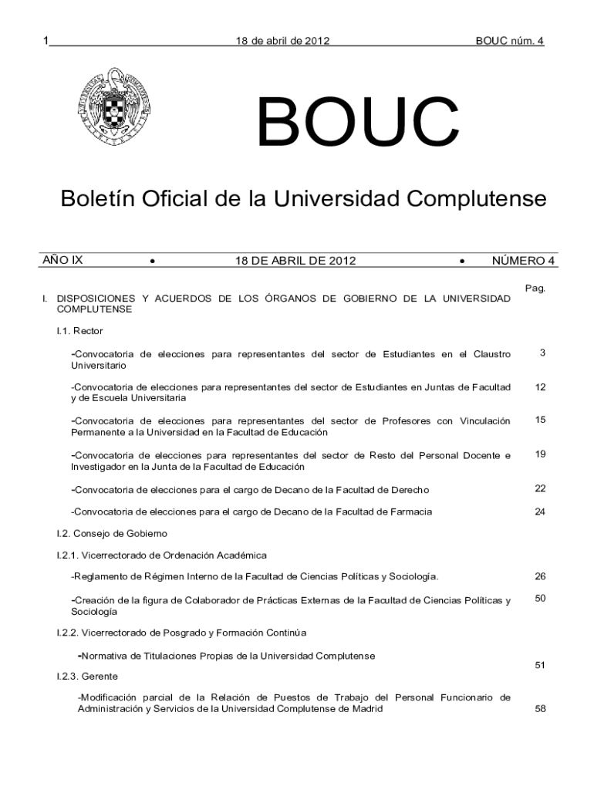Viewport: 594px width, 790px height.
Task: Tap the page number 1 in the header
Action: (46, 40)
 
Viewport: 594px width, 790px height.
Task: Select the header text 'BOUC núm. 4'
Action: (510, 40)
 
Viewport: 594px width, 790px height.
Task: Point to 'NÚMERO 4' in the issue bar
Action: (524, 261)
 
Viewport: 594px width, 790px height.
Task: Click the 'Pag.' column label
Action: (535, 288)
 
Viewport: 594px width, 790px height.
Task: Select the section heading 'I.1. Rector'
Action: (74, 331)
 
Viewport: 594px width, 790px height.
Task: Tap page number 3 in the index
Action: (542, 353)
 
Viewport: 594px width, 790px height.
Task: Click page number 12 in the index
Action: (540, 387)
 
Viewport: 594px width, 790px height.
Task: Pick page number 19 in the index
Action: (540, 454)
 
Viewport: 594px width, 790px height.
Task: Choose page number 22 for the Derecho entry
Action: (540, 488)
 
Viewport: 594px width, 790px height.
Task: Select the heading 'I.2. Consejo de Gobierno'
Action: (111, 533)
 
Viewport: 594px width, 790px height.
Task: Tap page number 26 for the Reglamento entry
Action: (540, 576)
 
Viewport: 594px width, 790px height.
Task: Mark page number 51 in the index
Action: (540, 664)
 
